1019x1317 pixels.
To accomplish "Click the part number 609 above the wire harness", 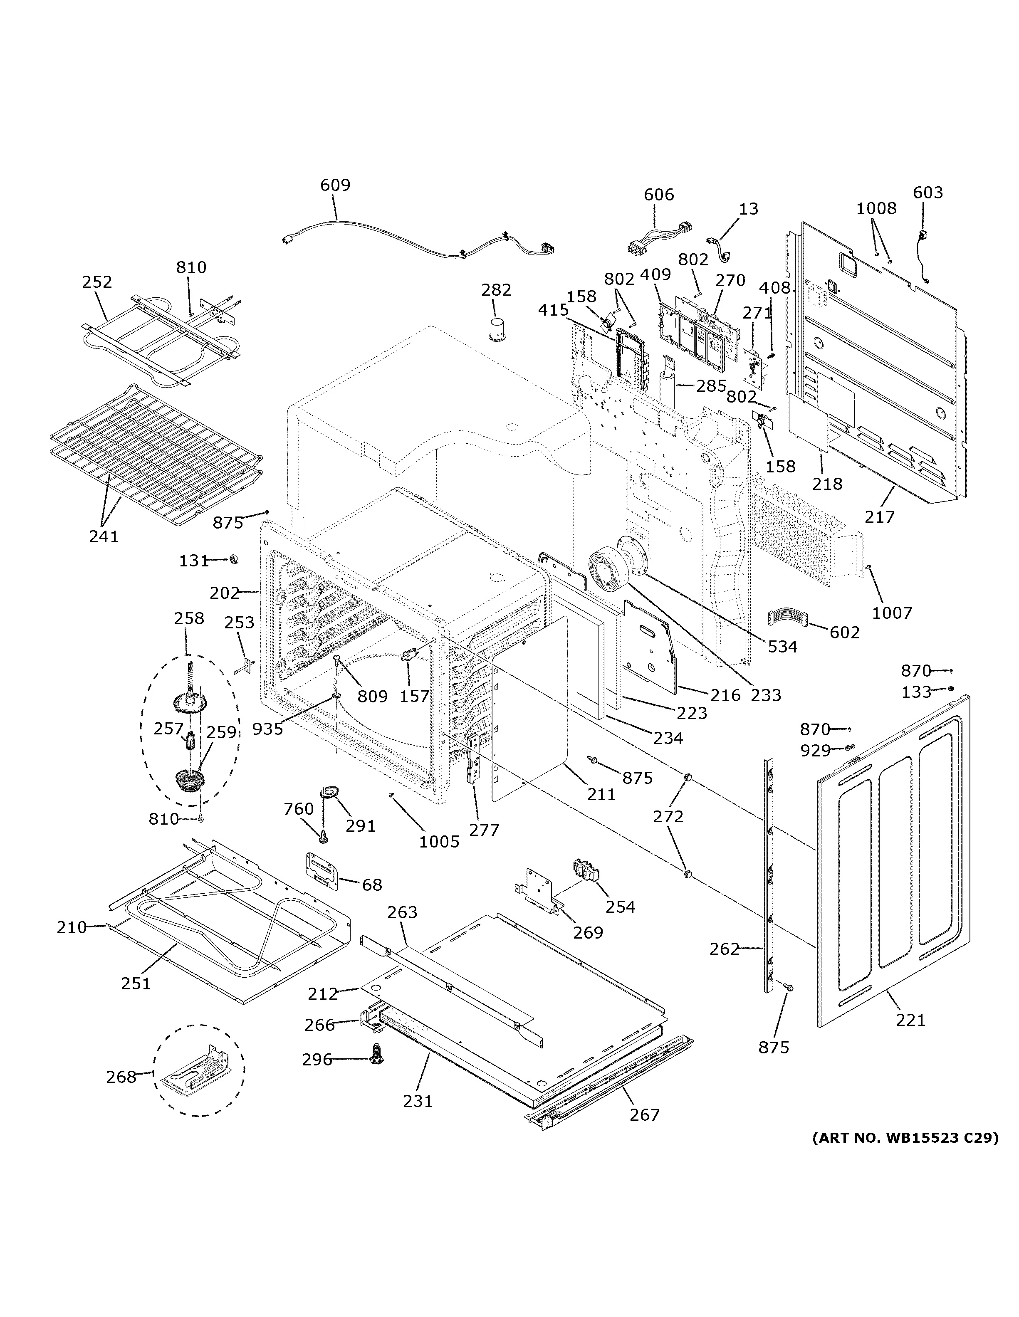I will click(335, 185).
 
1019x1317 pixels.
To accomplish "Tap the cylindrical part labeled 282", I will click(498, 330).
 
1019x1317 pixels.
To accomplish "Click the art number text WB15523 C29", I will click(905, 1139).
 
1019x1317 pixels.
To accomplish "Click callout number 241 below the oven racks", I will click(104, 536).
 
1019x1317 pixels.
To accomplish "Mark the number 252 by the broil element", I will click(97, 282).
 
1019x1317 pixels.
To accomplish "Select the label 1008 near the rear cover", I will click(876, 209).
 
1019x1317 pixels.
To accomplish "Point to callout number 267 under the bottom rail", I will click(645, 1115).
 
